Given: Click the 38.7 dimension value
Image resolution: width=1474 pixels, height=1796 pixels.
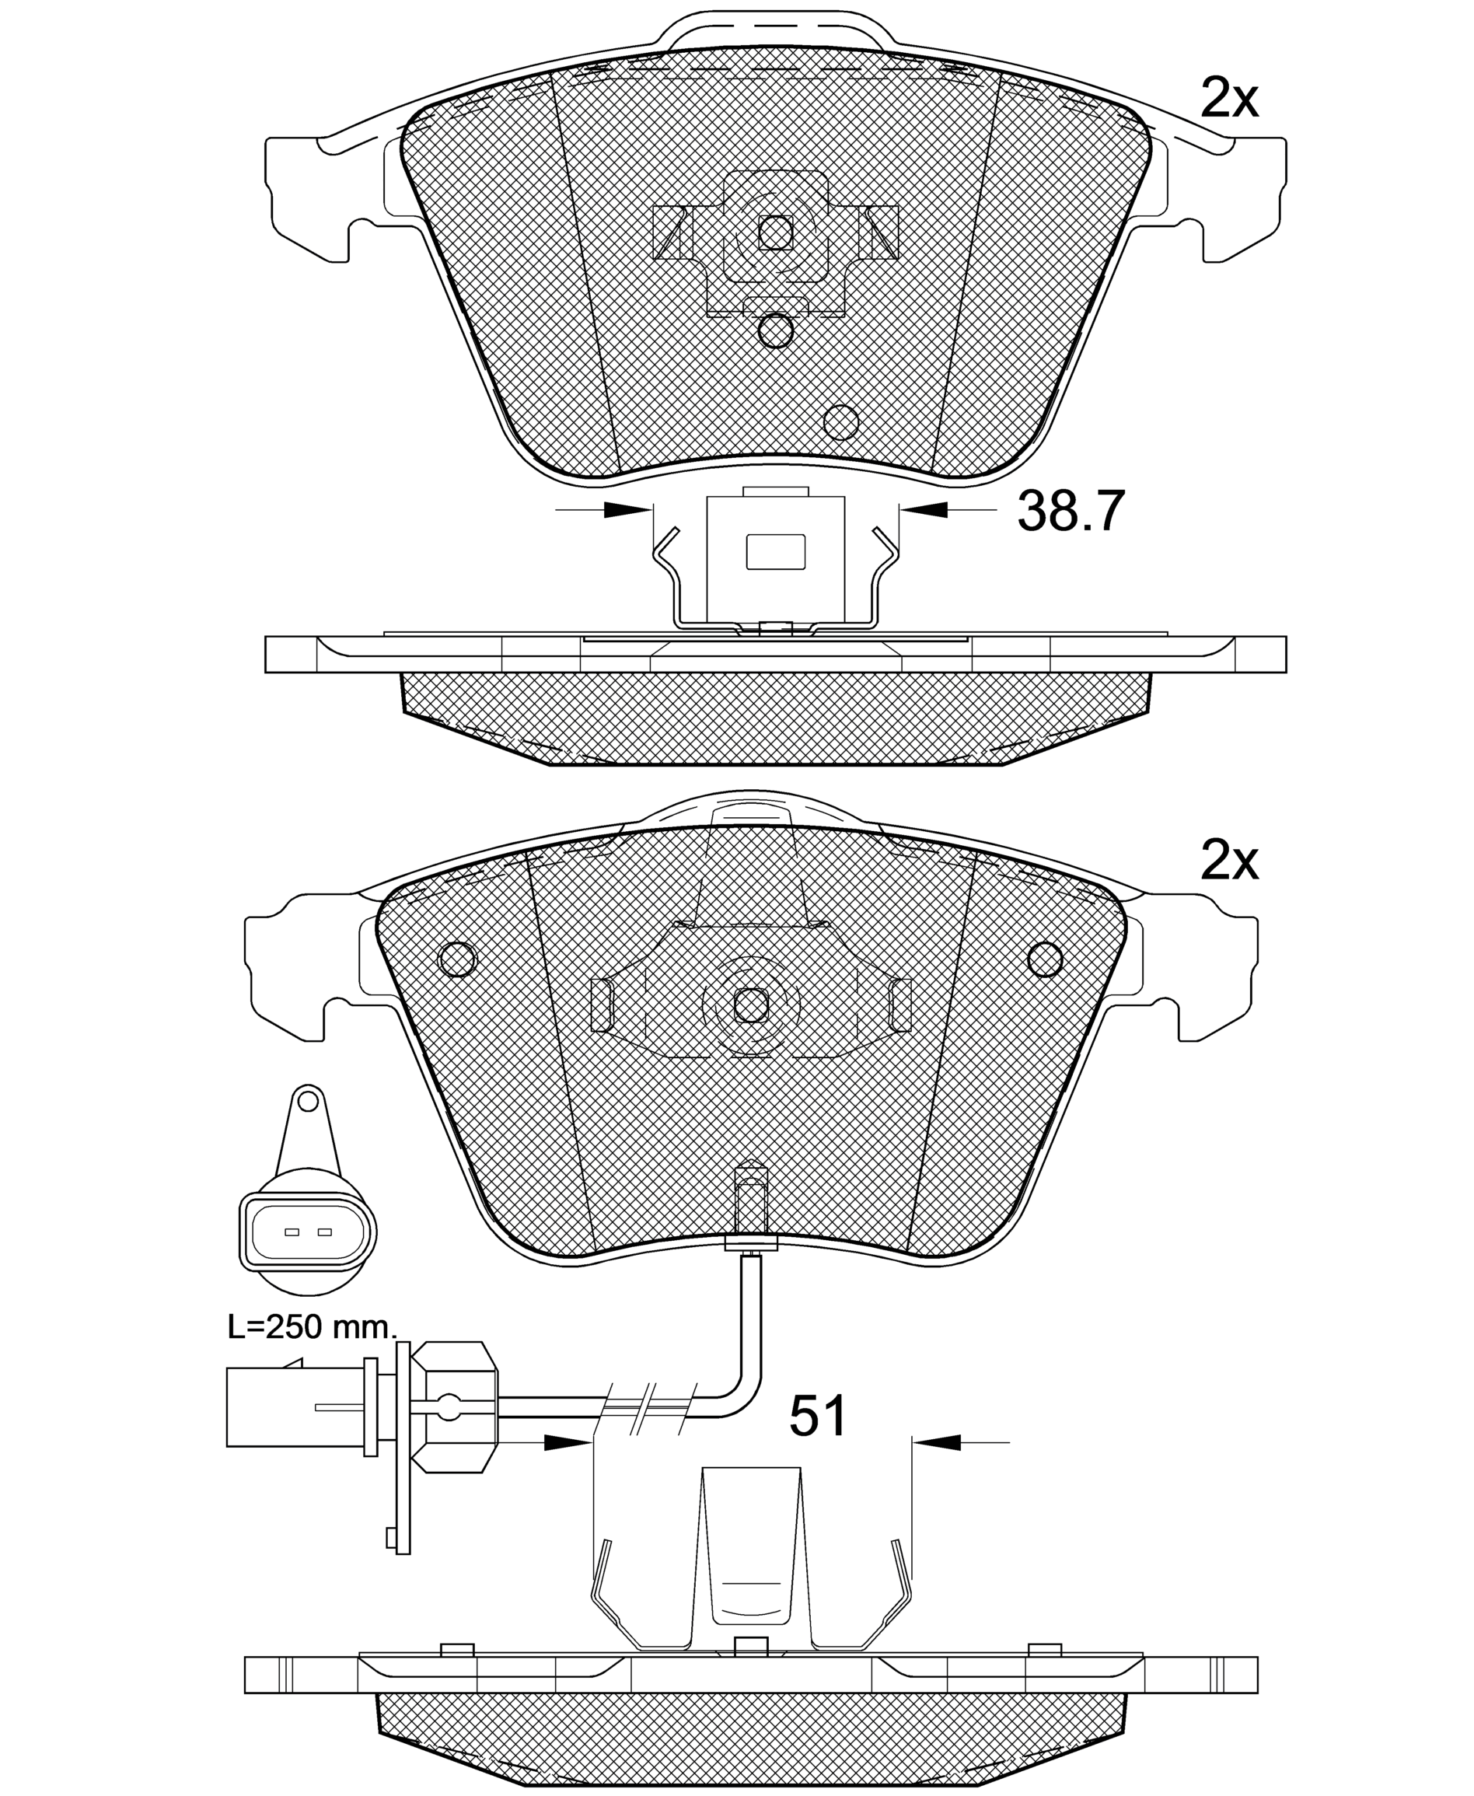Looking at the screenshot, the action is click(x=1071, y=512).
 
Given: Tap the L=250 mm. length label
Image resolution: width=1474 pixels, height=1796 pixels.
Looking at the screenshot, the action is click(x=313, y=1327).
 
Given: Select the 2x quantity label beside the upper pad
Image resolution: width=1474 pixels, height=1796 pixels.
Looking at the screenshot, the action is click(x=1228, y=100).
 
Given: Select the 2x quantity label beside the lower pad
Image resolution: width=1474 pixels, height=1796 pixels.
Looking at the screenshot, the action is click(x=1228, y=862).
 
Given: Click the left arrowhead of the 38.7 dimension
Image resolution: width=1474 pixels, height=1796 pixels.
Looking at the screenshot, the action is click(x=628, y=509).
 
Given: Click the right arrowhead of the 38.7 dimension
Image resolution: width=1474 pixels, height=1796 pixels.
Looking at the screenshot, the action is click(x=923, y=509).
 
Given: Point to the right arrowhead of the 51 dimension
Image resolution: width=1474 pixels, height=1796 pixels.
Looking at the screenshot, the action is click(x=936, y=1442).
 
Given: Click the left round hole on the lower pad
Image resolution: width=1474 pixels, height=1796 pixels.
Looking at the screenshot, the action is click(x=458, y=959).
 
